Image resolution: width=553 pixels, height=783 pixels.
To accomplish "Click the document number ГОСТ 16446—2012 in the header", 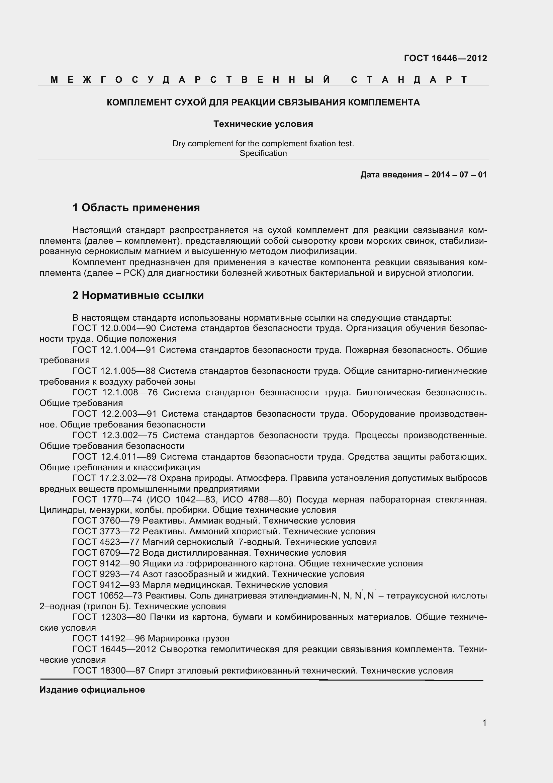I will [445, 58].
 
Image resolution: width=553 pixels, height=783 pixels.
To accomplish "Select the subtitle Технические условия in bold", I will [263, 124].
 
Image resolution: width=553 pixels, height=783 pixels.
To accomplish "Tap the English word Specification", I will [263, 153].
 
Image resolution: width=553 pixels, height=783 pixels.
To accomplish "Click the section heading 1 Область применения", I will [136, 207].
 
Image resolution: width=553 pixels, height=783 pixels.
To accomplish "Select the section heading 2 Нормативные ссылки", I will [138, 295].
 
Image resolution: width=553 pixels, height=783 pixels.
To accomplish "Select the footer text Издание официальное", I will [92, 690].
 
